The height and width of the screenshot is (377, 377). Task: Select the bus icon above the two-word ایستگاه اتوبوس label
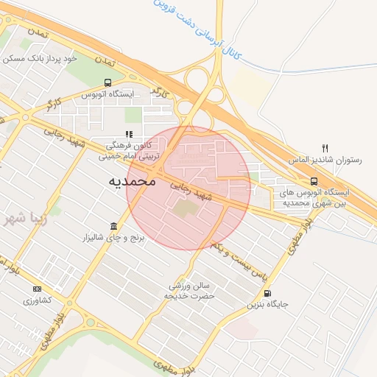108,82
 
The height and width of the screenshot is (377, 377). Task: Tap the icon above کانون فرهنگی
129,135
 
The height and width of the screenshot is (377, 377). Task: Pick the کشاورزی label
37,300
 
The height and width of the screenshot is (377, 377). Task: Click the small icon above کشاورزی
38,289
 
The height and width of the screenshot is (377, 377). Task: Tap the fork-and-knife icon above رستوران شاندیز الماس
325,148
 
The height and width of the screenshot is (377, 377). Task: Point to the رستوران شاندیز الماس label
325,160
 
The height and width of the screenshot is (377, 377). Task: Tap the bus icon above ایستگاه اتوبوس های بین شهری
314,181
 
